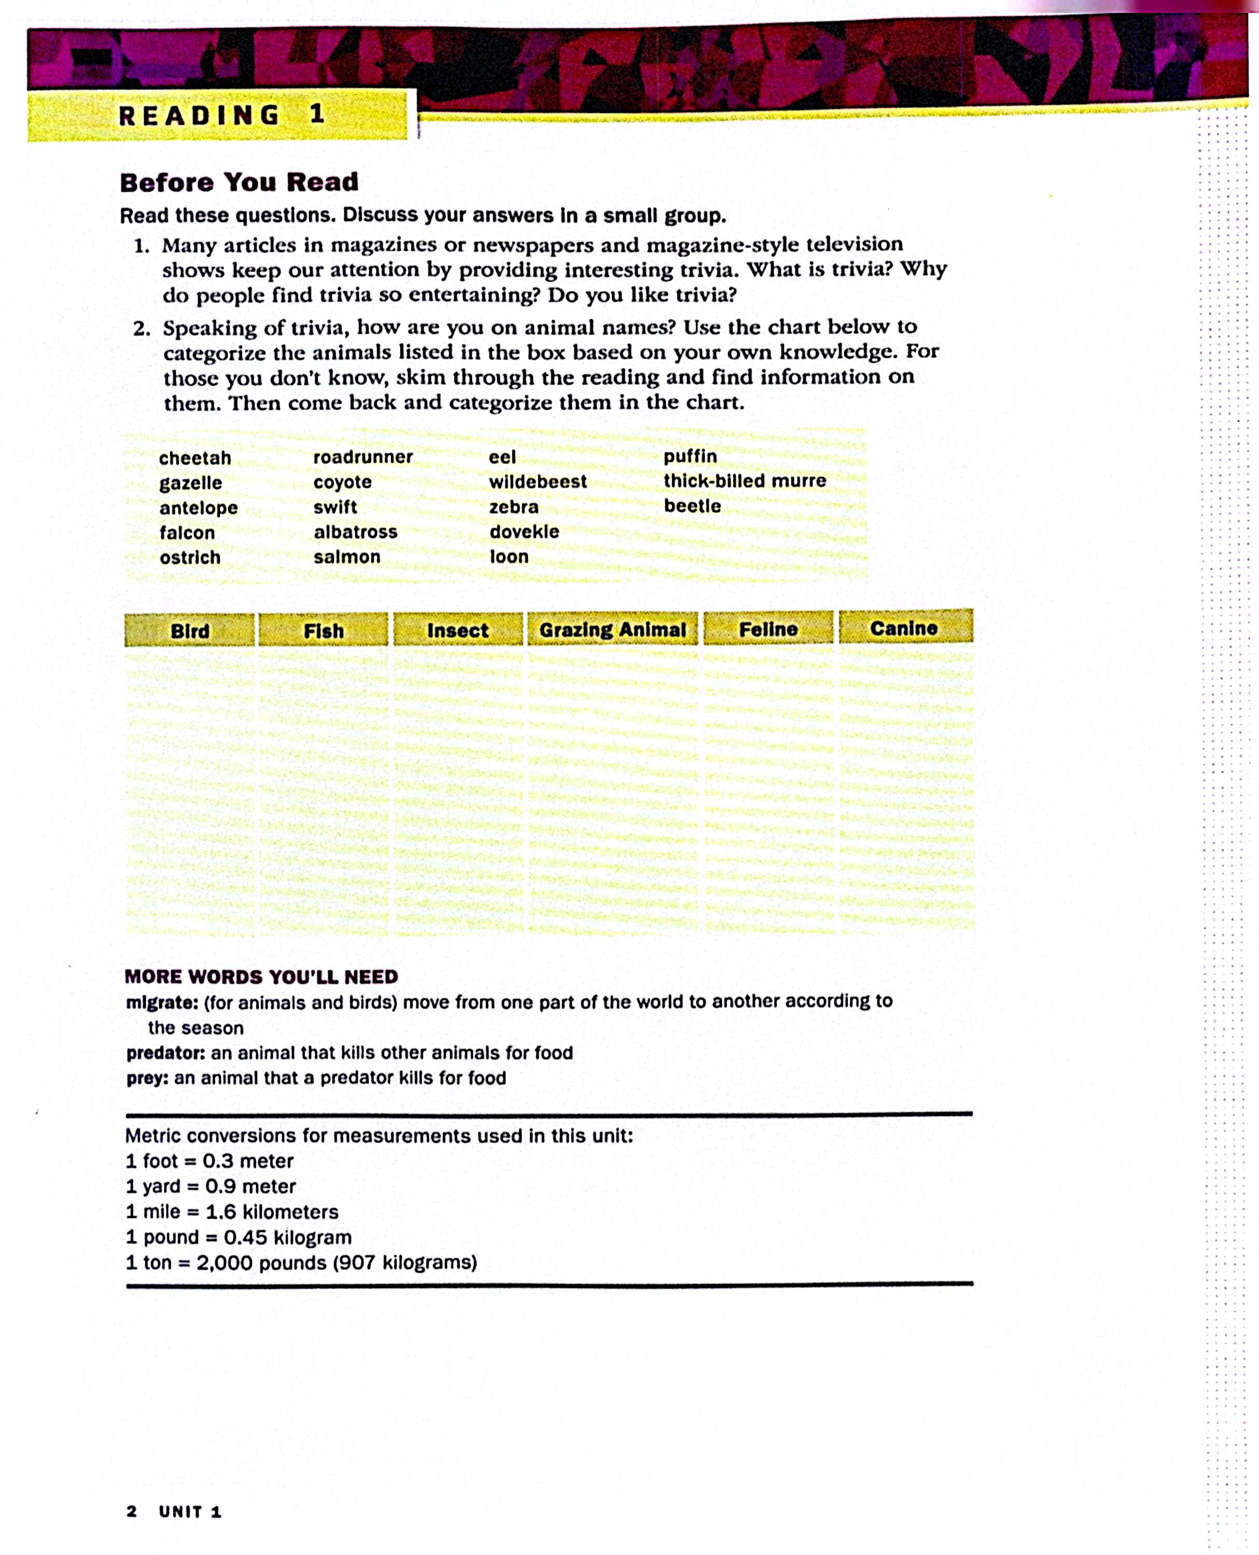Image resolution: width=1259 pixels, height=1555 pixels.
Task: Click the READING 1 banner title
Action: click(x=221, y=115)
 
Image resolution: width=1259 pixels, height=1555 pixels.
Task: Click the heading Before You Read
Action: click(x=240, y=182)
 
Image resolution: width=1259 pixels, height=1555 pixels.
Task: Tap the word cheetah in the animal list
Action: click(x=195, y=458)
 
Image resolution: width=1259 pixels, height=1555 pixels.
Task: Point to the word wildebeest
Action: click(x=537, y=482)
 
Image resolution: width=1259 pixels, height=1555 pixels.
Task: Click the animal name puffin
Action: click(x=690, y=457)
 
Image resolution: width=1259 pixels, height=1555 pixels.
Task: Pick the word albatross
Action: click(x=355, y=532)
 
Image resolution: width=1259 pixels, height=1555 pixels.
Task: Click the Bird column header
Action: click(x=190, y=631)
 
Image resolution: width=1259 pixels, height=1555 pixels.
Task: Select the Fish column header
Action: click(x=324, y=631)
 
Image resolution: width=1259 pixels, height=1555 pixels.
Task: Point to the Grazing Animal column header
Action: click(x=612, y=629)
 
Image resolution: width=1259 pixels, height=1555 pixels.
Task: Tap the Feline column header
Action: click(x=768, y=629)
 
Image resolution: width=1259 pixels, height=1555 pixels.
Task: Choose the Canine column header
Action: click(x=904, y=628)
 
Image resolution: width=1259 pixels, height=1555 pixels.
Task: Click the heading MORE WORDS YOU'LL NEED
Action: click(x=261, y=977)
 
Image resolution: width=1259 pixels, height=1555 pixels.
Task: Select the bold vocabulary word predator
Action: click(x=165, y=1053)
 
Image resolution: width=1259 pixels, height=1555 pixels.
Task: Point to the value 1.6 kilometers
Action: click(x=272, y=1211)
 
